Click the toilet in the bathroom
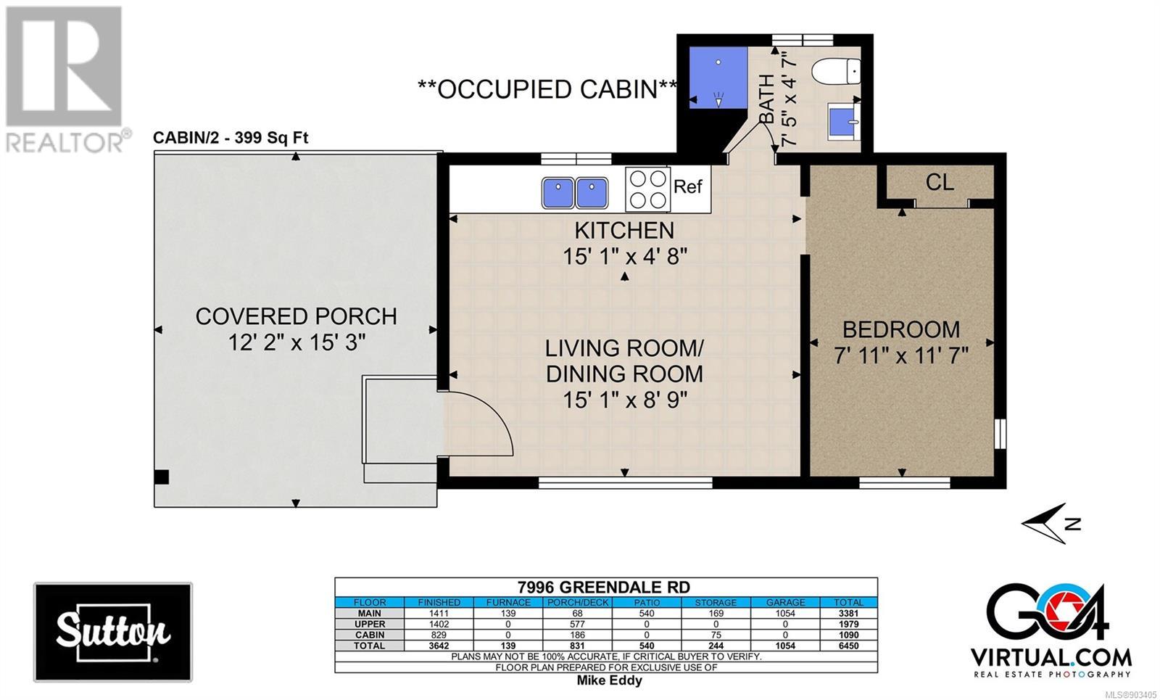point(836,71)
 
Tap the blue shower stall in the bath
point(718,78)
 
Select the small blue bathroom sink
point(844,122)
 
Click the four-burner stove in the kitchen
point(647,189)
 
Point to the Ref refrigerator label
point(688,186)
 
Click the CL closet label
point(940,182)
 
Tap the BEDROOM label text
point(901,329)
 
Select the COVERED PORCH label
point(297,316)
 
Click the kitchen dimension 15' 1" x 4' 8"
point(625,256)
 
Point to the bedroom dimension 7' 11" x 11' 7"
point(901,355)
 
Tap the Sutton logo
point(113,632)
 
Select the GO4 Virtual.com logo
point(1051,630)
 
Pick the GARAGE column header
point(785,603)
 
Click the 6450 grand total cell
point(849,646)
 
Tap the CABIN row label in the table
point(370,635)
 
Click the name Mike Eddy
point(610,680)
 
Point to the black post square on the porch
point(162,477)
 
